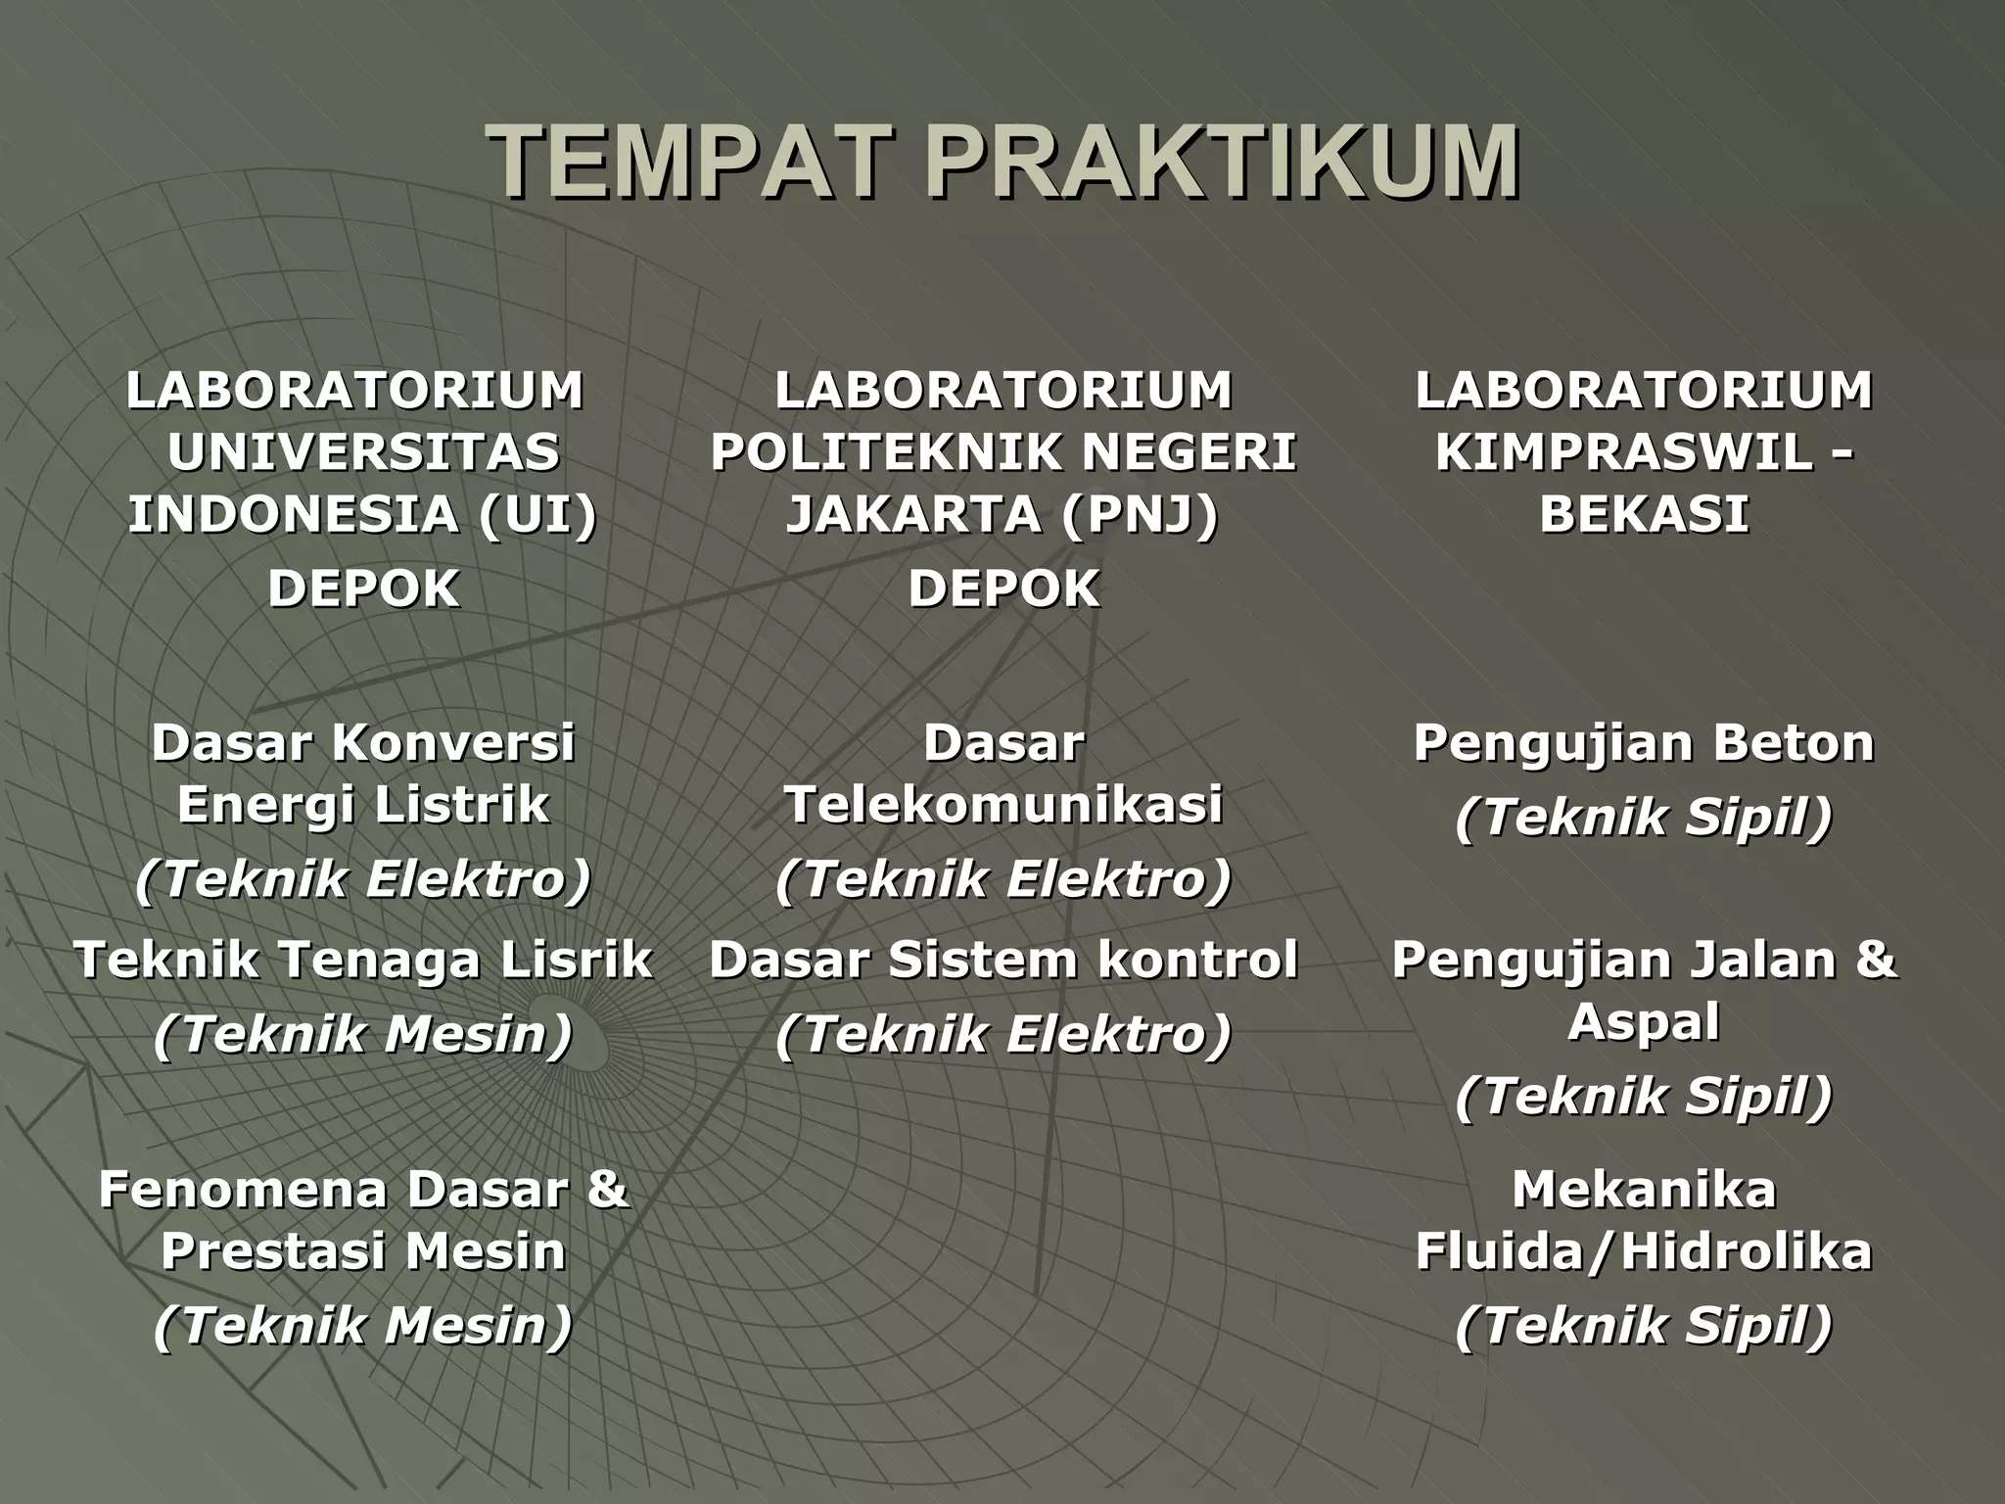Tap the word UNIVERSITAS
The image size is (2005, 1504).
pyautogui.click(x=363, y=451)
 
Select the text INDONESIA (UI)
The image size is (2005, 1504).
pyautogui.click(x=363, y=514)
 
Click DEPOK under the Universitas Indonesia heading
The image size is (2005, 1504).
pyautogui.click(x=363, y=588)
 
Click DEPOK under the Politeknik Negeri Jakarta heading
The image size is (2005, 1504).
pyautogui.click(x=1003, y=588)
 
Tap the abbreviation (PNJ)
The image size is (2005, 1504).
pyautogui.click(x=1139, y=514)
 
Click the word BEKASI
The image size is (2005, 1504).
pyautogui.click(x=1644, y=514)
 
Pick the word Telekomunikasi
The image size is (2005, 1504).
pyautogui.click(x=1003, y=805)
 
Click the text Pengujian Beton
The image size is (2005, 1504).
pyautogui.click(x=1644, y=742)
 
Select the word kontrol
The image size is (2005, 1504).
pyautogui.click(x=1198, y=959)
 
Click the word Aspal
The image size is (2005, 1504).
pyautogui.click(x=1644, y=1021)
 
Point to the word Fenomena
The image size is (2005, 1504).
pyautogui.click(x=245, y=1190)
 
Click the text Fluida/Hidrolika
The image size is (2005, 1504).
pyautogui.click(x=1644, y=1250)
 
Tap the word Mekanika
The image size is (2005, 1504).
pyautogui.click(x=1644, y=1190)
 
